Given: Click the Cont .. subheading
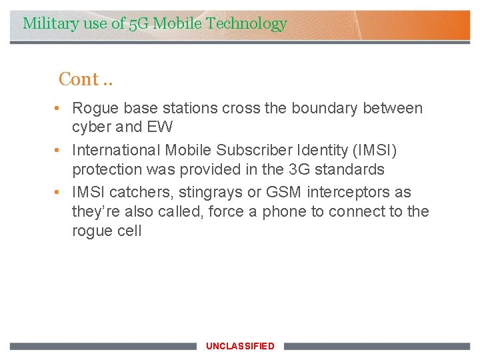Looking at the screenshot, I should point(85,79).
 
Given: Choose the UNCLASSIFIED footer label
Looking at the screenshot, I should point(240,346).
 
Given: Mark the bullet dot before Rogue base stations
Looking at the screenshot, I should point(59,108).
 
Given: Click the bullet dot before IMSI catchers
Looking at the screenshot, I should point(59,193).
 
